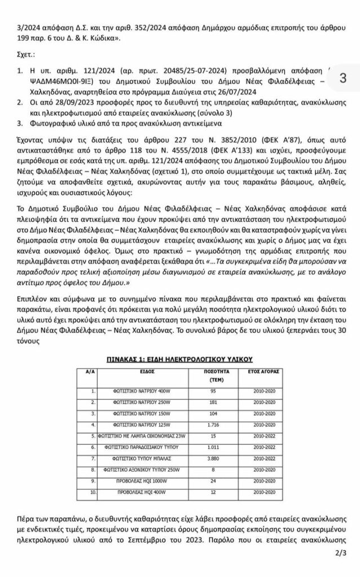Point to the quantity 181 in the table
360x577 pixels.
coord(212,402)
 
